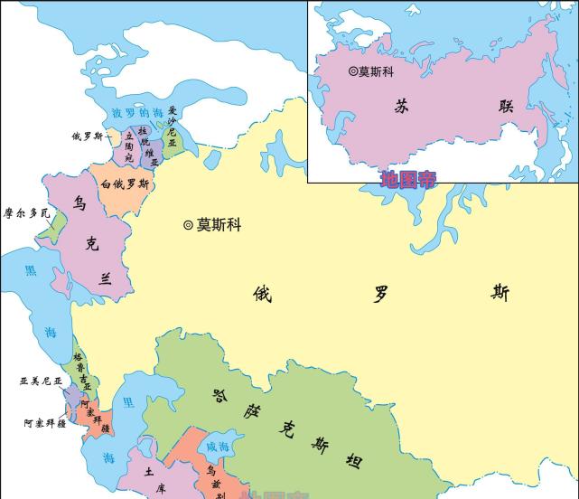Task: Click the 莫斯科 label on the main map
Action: (x=219, y=225)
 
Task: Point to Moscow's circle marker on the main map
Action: (x=188, y=225)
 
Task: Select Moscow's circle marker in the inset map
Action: (x=353, y=71)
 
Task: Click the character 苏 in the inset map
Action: (x=403, y=105)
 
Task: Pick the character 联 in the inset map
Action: (x=506, y=105)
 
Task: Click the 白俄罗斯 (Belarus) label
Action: (x=126, y=184)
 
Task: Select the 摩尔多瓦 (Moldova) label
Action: (x=27, y=213)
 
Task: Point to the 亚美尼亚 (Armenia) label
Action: (x=42, y=381)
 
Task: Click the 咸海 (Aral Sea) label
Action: (x=218, y=447)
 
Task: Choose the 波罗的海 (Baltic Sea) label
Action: (x=138, y=113)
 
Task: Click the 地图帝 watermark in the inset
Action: (x=407, y=179)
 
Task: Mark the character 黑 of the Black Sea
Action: (x=31, y=271)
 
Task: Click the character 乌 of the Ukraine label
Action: (x=79, y=204)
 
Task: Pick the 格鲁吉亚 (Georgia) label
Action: (x=82, y=371)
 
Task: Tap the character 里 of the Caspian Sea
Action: (x=129, y=401)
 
